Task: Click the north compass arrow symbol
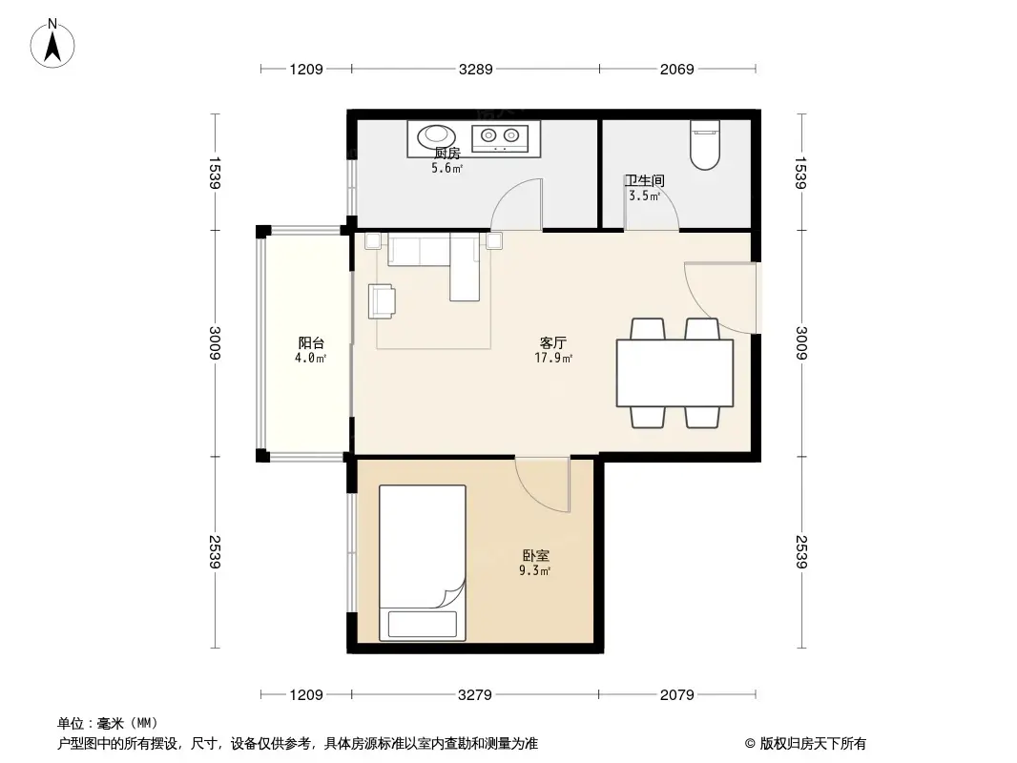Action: pyautogui.click(x=54, y=43)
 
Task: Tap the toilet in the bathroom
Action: pyautogui.click(x=704, y=145)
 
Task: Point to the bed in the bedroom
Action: pyautogui.click(x=423, y=563)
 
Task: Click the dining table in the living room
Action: pyautogui.click(x=675, y=373)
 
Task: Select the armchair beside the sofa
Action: pyautogui.click(x=383, y=300)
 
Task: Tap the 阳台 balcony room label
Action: pyautogui.click(x=311, y=342)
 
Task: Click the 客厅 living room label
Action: pyautogui.click(x=554, y=342)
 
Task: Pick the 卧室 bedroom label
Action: pyautogui.click(x=535, y=555)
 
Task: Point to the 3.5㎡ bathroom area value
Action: pyautogui.click(x=644, y=196)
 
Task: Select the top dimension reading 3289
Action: pyautogui.click(x=475, y=69)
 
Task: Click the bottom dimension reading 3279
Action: pyautogui.click(x=474, y=694)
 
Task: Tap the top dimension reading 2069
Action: pyautogui.click(x=676, y=69)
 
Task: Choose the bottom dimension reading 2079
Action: pyautogui.click(x=676, y=694)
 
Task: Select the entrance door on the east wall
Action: pyautogui.click(x=725, y=298)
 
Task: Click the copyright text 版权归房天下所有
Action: pyautogui.click(x=805, y=744)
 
